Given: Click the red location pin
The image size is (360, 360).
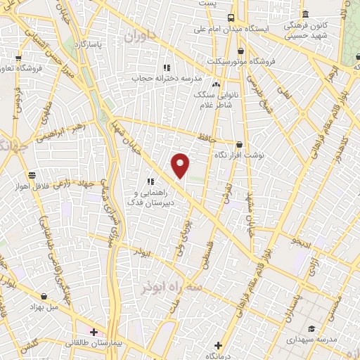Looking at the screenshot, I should pyautogui.click(x=181, y=165).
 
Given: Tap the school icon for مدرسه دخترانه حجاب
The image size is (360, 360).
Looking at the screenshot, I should pyautogui.click(x=167, y=67).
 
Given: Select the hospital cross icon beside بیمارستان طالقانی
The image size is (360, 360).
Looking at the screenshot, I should pyautogui.click(x=94, y=331).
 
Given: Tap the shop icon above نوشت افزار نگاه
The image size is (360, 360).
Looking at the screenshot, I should pyautogui.click(x=239, y=145).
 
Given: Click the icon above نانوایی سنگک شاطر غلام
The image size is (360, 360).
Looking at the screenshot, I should pyautogui.click(x=216, y=85).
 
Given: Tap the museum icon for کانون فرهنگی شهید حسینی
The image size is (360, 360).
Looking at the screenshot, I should pyautogui.click(x=305, y=15).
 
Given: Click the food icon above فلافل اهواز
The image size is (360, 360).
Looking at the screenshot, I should pyautogui.click(x=32, y=175).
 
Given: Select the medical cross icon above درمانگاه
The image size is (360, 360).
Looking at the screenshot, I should pyautogui.click(x=218, y=345).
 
